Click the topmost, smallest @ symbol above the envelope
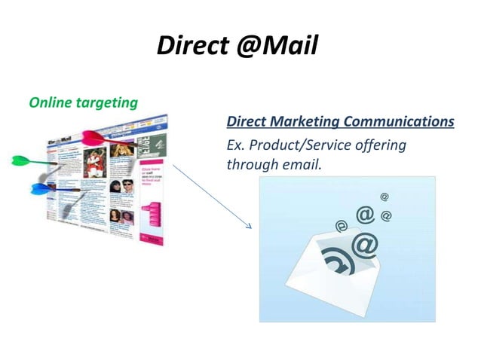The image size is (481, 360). (x=384, y=197)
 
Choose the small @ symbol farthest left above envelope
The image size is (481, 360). (x=342, y=224)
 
